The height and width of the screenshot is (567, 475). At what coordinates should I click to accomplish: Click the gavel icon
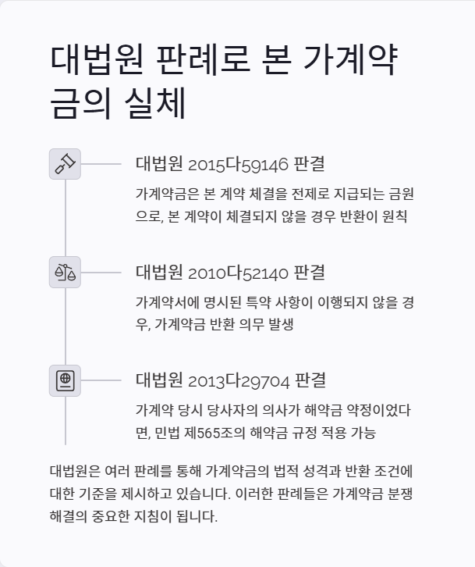65,164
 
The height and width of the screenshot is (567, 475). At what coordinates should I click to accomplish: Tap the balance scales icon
65,272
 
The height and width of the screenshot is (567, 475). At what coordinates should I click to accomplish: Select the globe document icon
65,380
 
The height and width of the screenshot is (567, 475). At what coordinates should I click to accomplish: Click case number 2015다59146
238,164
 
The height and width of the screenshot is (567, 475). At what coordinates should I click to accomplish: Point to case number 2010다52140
238,273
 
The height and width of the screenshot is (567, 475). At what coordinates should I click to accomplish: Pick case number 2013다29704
239,381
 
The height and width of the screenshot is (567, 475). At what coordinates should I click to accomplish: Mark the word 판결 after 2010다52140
310,273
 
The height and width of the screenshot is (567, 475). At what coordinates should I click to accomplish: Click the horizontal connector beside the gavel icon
101,164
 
